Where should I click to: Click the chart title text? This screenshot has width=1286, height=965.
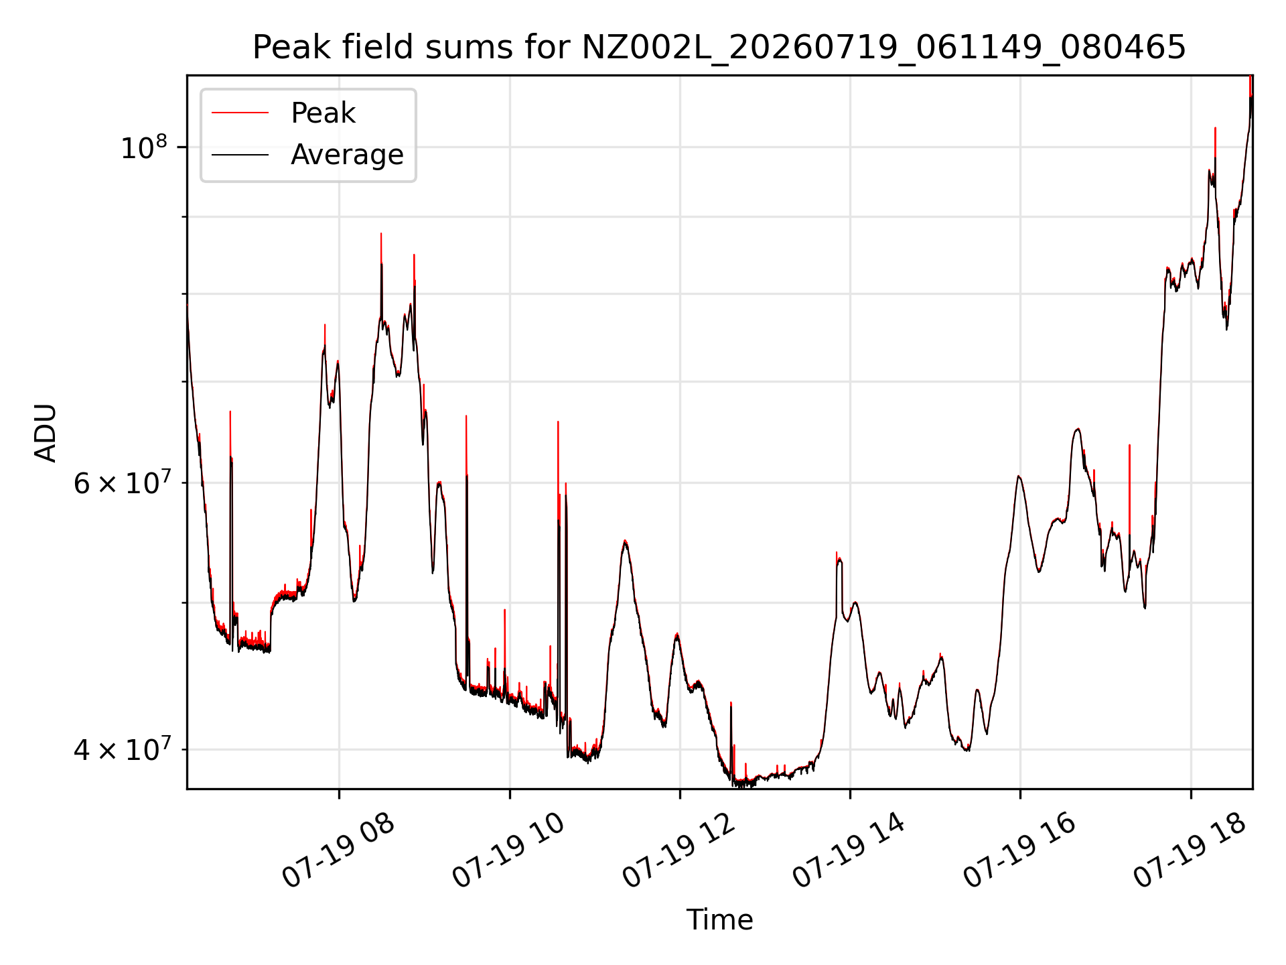(719, 48)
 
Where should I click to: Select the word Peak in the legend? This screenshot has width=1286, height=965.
(323, 113)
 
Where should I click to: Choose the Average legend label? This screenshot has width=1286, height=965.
(347, 155)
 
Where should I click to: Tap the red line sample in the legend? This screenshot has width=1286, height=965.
(240, 113)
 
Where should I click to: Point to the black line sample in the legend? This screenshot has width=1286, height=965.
(240, 155)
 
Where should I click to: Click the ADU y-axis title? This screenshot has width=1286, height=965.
(46, 433)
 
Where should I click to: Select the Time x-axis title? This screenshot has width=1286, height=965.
(719, 920)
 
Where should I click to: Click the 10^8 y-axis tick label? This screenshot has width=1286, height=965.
(144, 147)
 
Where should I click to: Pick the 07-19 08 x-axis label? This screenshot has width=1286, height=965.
(338, 851)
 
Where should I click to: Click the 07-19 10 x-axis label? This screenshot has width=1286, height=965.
(508, 851)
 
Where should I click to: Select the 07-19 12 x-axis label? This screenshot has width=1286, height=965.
(679, 851)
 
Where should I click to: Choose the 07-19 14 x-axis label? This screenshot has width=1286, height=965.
(849, 851)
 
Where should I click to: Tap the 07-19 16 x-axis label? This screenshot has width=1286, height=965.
(1019, 851)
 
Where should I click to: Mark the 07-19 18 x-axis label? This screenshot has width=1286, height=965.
(1190, 851)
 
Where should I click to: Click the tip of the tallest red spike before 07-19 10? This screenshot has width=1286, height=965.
(381, 234)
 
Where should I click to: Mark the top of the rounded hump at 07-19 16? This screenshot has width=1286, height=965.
(1019, 476)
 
